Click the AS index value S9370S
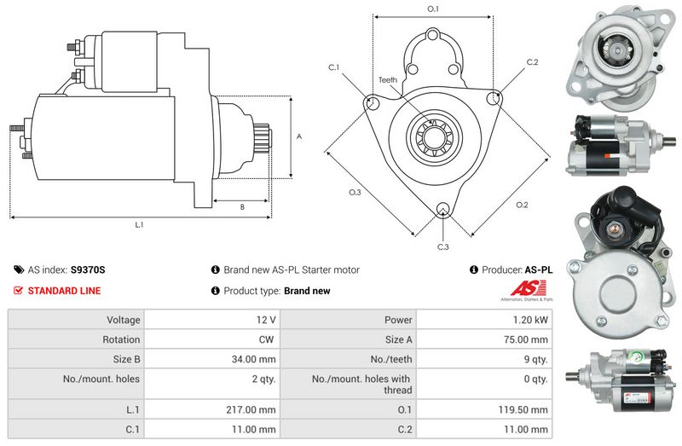click(88, 269)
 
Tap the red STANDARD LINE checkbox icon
click(18, 290)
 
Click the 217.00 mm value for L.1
click(251, 409)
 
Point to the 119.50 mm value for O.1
click(523, 409)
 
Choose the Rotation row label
click(121, 339)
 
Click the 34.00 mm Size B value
click(253, 359)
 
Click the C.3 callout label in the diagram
click(442, 247)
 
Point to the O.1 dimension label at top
click(433, 9)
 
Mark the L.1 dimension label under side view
click(139, 225)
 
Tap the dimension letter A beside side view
click(299, 136)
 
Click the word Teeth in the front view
click(388, 80)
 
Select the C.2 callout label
click(532, 62)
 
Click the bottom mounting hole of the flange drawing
click(443, 209)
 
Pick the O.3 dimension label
click(355, 193)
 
